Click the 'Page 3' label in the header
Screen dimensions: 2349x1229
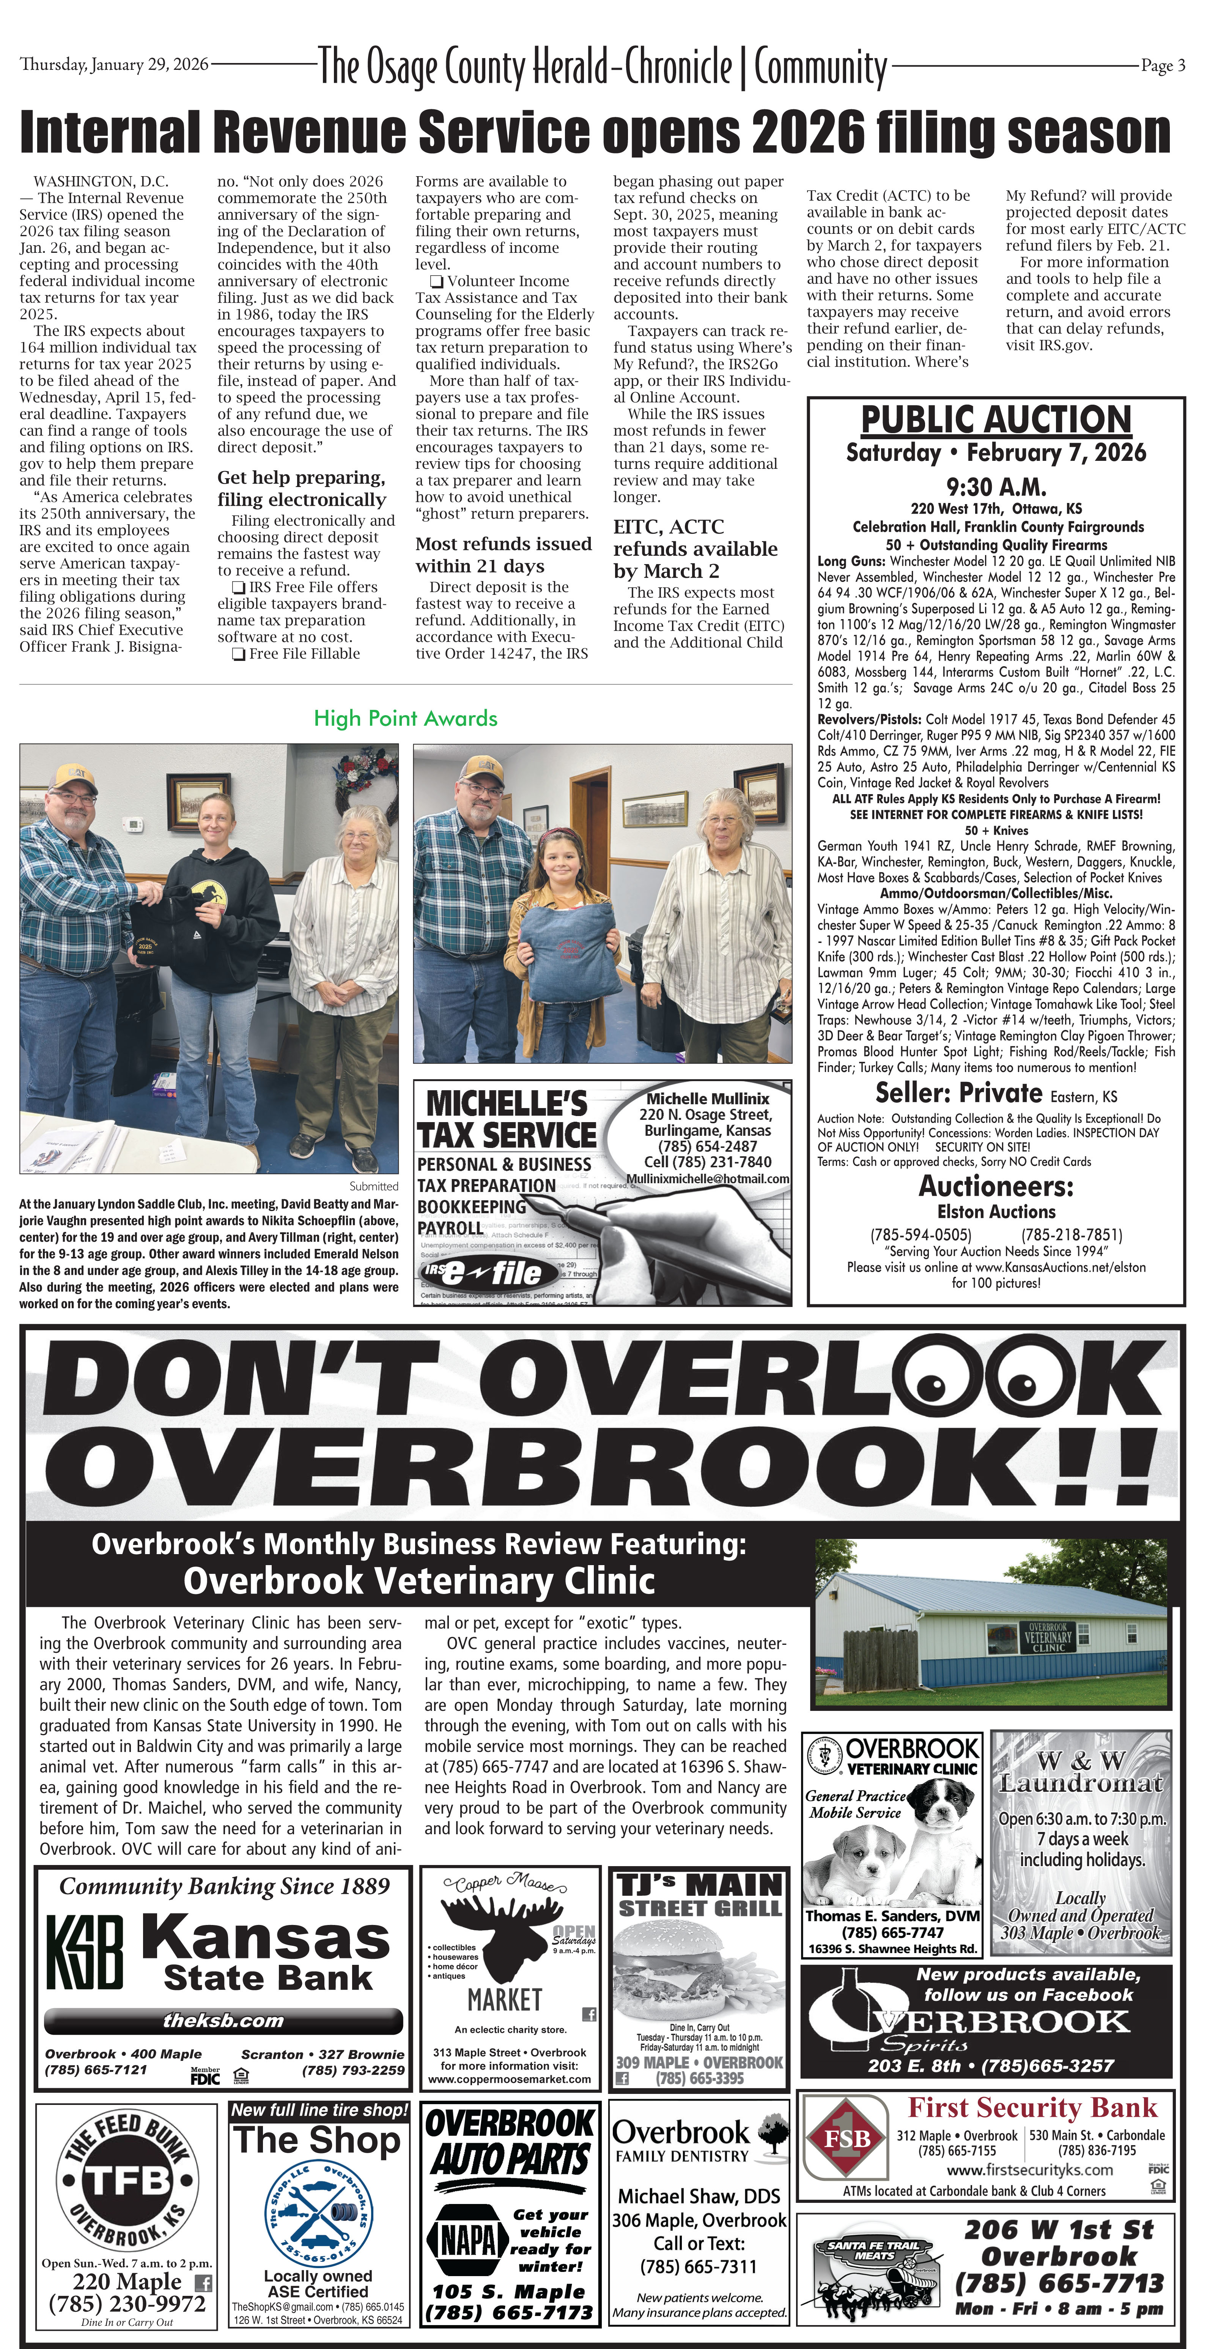click(x=1163, y=66)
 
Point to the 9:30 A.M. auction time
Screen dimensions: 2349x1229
click(x=996, y=487)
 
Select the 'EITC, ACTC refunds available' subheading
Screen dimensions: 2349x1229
click(x=695, y=549)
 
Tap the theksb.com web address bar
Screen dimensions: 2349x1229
click(x=223, y=2020)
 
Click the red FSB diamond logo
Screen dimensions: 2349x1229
click(x=847, y=2138)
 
